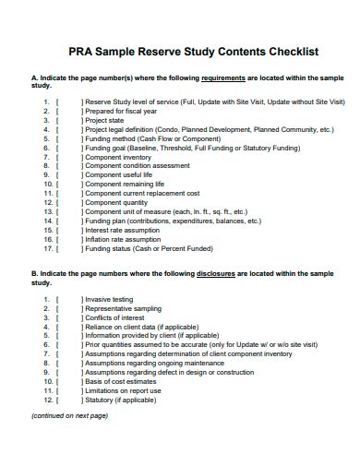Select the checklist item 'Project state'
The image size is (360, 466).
tap(105, 121)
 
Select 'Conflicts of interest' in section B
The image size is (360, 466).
tap(114, 317)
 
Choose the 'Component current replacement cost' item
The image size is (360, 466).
tap(141, 194)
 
